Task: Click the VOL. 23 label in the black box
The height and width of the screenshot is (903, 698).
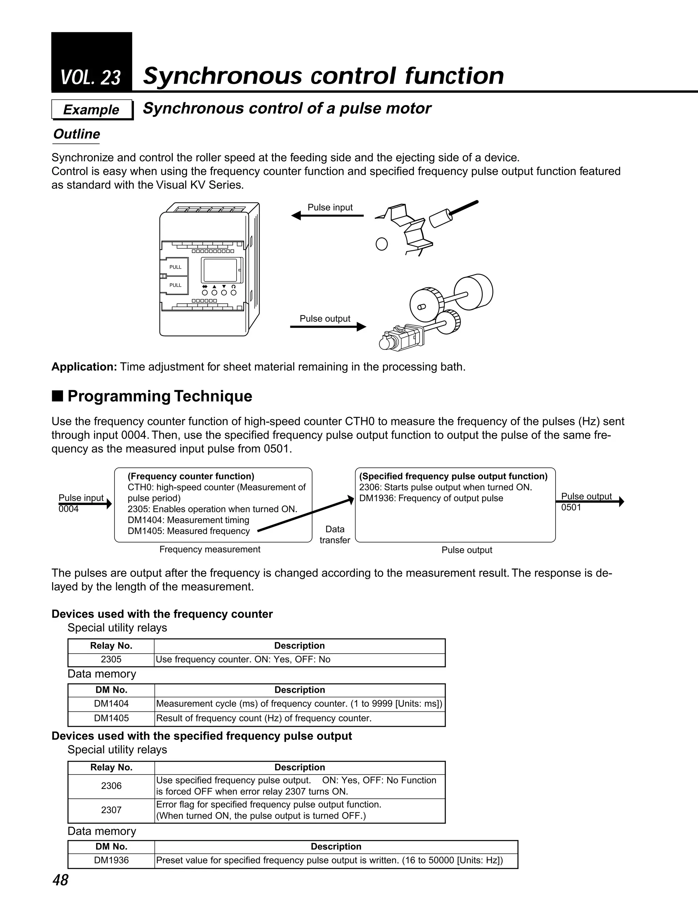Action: coord(91,77)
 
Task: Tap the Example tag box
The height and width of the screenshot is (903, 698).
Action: coord(91,110)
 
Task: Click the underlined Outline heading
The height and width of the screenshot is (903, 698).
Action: coord(76,134)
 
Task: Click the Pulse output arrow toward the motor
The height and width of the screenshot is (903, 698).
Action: coord(328,327)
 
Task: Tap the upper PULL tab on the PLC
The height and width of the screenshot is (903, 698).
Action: coord(175,267)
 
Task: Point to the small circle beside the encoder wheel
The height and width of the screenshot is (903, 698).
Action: coord(381,244)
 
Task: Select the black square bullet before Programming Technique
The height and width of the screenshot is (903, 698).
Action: coord(58,396)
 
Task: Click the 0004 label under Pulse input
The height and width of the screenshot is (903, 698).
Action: coord(69,509)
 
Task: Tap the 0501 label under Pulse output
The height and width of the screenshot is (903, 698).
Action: coord(571,508)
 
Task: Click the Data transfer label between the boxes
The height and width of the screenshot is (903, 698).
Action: coord(335,535)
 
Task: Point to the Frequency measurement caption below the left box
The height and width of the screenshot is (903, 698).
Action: coord(210,550)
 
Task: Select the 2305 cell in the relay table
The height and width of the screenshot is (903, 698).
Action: coord(111,659)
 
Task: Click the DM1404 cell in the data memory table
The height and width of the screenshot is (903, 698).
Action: coord(111,703)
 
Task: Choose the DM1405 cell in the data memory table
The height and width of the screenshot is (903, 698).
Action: coord(111,718)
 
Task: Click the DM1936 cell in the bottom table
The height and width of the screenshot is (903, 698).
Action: coord(111,860)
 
